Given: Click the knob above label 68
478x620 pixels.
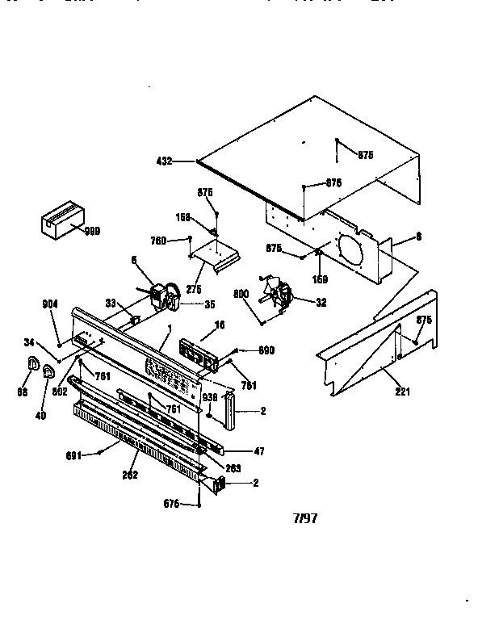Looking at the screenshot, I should point(32,364).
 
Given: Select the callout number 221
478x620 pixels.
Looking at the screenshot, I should point(402,392).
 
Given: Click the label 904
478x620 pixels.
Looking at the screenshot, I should point(50,304).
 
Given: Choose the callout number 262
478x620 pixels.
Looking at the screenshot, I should point(130,475).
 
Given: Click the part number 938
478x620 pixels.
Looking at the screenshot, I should point(210,397).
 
